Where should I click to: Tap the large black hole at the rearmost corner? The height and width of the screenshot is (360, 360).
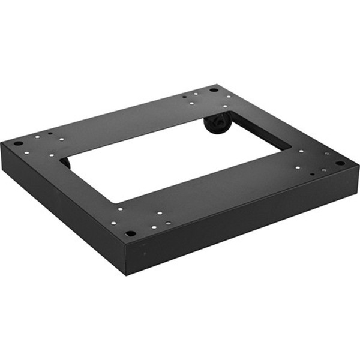tap(213, 89)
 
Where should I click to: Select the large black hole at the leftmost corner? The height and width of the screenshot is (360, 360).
tap(18, 144)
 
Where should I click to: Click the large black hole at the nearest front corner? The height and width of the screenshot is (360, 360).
tap(130, 233)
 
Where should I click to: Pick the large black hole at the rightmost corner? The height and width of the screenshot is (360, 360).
tap(340, 163)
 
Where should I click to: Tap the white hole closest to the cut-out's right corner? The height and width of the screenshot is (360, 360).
tap(298, 151)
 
